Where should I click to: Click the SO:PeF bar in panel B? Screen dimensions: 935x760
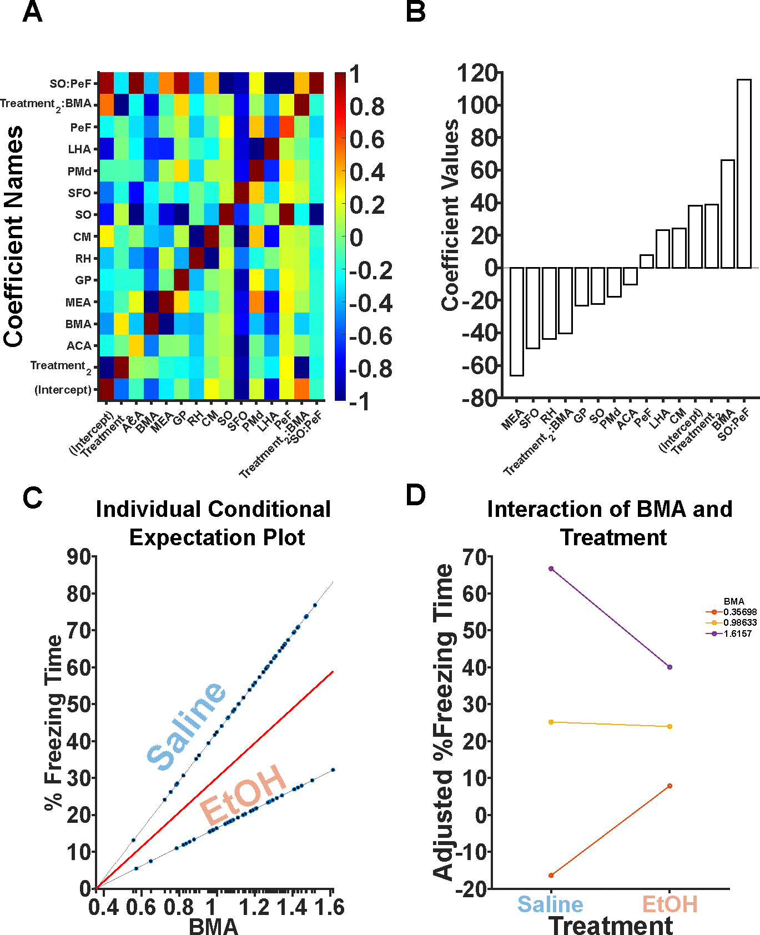[744, 173]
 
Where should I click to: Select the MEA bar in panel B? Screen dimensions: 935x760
[517, 321]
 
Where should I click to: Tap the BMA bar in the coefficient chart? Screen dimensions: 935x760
[728, 214]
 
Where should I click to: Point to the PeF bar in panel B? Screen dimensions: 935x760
[647, 262]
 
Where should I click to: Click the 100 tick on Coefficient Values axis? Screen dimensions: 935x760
[477, 105]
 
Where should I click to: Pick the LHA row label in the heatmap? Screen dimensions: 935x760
[79, 149]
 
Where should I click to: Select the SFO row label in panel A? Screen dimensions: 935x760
[79, 193]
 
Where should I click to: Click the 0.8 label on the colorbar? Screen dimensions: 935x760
[367, 107]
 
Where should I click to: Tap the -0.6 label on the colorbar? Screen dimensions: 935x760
[370, 336]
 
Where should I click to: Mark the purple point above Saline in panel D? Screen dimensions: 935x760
[551, 569]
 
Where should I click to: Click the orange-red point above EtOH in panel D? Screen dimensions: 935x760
[670, 786]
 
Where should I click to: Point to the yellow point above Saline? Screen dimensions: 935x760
[551, 722]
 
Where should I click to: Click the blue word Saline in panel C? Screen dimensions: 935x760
[187, 725]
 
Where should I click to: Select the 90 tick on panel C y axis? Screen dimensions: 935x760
[79, 557]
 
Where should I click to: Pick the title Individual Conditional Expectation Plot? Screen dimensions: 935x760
[214, 523]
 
